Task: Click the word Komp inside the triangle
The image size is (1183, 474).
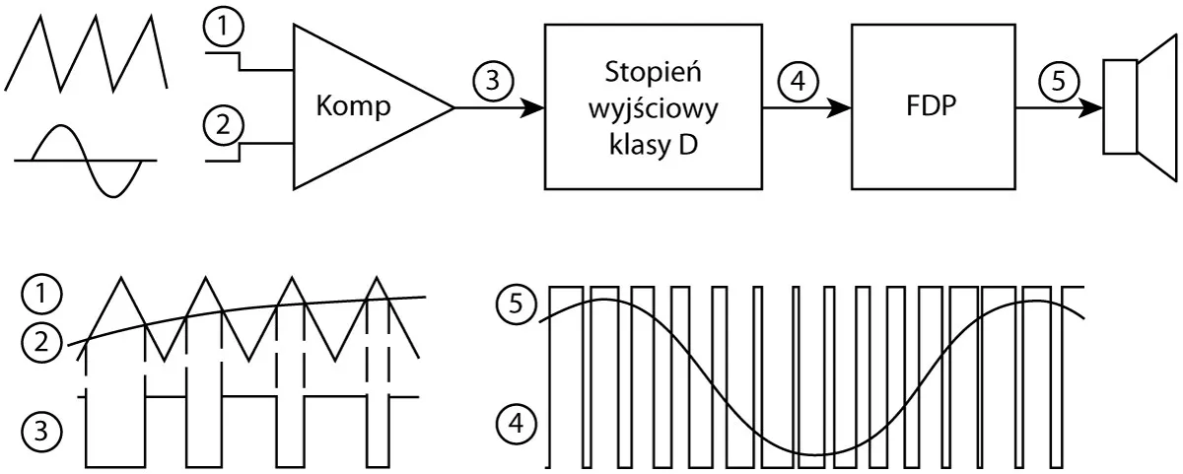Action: click(353, 107)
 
